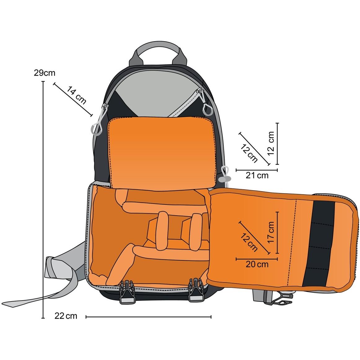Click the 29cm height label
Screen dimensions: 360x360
[45, 73]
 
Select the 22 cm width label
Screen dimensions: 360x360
[66, 316]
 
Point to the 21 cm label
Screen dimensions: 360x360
[257, 175]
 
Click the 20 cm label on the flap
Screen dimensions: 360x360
[257, 264]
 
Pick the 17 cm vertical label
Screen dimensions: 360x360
[271, 232]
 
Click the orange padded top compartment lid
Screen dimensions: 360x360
[162, 153]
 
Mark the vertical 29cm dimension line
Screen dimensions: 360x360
[43, 200]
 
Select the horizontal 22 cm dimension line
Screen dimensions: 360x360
[148, 317]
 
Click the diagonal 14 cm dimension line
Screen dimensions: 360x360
[73, 99]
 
